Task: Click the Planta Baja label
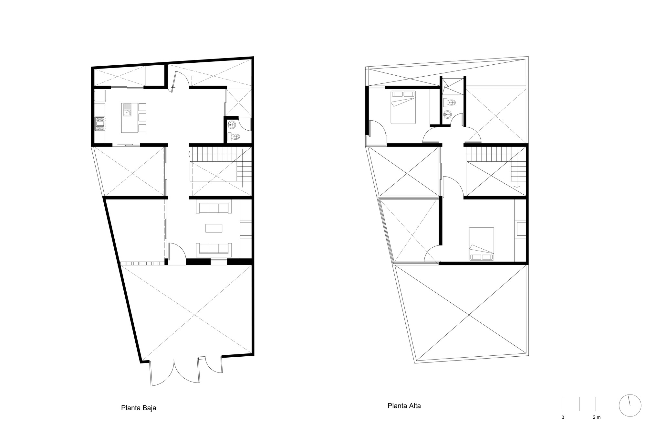tap(139, 408)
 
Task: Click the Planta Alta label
tap(404, 405)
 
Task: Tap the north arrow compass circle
tap(630, 406)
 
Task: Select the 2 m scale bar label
tap(596, 417)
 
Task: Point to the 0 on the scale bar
tap(563, 417)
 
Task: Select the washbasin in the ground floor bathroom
tap(232, 124)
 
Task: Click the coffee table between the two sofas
tap(214, 228)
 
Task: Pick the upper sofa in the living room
tap(214, 208)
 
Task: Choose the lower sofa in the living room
tap(214, 248)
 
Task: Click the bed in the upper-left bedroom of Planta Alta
tap(403, 107)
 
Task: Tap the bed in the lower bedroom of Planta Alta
tap(481, 244)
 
